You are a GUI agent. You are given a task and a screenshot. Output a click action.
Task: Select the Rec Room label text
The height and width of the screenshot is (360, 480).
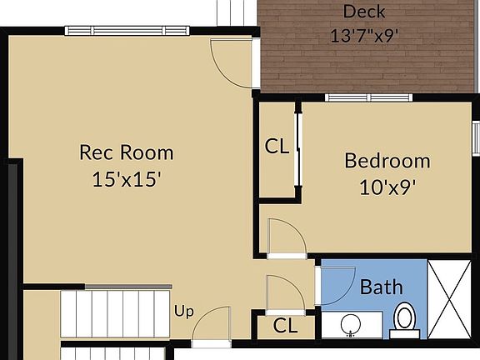127,152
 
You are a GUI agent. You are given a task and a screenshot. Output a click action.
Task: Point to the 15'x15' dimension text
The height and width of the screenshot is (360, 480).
127,179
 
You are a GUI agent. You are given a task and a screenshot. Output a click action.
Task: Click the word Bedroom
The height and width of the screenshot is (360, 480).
387,161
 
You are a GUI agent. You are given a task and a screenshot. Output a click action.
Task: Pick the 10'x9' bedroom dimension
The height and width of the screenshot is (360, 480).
387,187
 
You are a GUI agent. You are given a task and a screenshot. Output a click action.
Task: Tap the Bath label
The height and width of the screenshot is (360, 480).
382,287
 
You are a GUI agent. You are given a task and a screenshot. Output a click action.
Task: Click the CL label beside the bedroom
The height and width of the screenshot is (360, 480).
277,147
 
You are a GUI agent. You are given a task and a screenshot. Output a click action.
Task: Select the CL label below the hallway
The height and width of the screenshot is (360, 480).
285,327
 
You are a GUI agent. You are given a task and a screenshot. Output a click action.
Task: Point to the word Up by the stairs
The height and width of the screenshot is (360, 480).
183,312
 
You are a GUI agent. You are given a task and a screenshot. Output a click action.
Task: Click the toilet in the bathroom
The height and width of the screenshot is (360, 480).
405,319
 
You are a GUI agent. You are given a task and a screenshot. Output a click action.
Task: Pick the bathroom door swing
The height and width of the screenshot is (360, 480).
338,282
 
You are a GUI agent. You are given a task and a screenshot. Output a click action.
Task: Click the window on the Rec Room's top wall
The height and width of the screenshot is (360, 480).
127,31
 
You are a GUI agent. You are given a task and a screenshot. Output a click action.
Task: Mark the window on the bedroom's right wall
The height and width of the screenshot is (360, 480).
476,136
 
